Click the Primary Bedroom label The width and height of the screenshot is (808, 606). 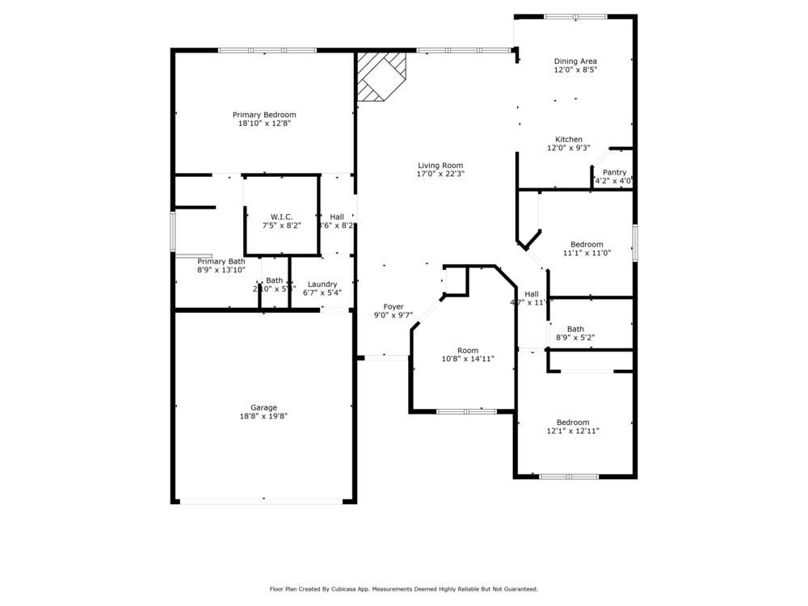click(264, 115)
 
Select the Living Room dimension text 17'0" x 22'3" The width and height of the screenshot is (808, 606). click(440, 174)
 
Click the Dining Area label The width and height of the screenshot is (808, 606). click(575, 61)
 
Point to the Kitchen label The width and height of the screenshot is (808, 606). click(568, 139)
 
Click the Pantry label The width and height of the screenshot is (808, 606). click(614, 172)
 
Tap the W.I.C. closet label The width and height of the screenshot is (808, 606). click(281, 217)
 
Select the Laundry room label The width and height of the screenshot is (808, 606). click(322, 284)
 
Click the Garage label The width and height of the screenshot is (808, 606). click(263, 407)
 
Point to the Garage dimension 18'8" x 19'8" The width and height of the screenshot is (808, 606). click(263, 416)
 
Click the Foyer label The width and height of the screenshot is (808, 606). click(393, 306)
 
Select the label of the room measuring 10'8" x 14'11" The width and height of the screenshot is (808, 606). click(468, 350)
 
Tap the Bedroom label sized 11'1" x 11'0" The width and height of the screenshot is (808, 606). click(587, 244)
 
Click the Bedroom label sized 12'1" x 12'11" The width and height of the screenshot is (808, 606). click(573, 422)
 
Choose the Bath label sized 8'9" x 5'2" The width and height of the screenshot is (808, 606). click(575, 329)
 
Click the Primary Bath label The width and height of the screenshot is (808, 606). click(221, 261)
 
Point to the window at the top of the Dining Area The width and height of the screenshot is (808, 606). click(575, 16)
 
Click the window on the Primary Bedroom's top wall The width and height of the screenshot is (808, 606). click(267, 50)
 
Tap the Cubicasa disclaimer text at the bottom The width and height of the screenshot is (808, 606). click(404, 589)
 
